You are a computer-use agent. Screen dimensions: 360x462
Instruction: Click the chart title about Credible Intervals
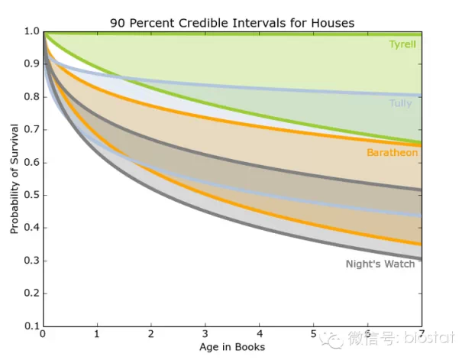(232, 23)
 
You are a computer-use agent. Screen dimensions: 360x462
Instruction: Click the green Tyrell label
(402, 44)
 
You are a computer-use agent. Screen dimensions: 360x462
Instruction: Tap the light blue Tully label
(401, 102)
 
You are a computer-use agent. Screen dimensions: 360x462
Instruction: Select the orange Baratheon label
(392, 153)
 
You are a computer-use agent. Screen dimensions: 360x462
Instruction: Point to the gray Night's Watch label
(380, 264)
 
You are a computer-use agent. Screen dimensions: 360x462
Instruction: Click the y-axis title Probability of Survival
(14, 178)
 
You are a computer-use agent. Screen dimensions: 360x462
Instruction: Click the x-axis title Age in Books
(232, 347)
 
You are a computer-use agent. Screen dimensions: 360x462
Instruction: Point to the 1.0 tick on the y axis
(31, 31)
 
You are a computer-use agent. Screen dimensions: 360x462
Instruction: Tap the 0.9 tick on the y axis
(31, 64)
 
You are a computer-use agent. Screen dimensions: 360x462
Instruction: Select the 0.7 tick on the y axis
(31, 130)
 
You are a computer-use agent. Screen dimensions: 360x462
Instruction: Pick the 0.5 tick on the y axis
(31, 195)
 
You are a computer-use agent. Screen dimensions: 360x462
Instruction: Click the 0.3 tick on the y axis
(31, 261)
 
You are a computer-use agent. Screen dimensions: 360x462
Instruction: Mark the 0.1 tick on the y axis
(31, 326)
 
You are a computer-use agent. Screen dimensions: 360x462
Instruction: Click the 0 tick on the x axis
(44, 335)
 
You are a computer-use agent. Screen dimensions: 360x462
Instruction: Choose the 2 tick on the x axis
(151, 335)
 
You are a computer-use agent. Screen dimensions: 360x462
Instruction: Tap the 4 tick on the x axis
(260, 335)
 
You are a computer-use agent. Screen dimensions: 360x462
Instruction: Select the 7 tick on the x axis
(422, 335)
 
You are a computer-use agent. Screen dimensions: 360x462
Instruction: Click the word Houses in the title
(333, 23)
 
